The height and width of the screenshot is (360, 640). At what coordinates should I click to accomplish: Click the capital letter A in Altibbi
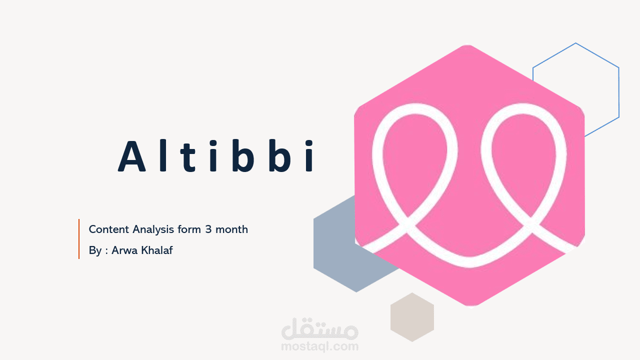coord(132,156)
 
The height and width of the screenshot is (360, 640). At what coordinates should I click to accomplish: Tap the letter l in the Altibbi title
coord(162,155)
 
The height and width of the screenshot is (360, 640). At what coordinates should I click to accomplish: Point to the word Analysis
coord(153,230)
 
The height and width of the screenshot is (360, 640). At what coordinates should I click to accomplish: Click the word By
coord(95,250)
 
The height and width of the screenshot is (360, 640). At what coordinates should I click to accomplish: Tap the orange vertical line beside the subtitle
coord(79,239)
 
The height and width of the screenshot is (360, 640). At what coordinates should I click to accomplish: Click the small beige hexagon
coord(412,317)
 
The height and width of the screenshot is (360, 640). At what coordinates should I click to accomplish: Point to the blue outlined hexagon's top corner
coord(575,43)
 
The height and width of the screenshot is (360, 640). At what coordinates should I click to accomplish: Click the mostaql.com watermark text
coord(319,345)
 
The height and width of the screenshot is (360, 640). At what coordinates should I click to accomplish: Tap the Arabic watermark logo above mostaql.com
coord(320,328)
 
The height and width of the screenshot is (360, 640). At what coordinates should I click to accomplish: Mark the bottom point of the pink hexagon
coord(470,305)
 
